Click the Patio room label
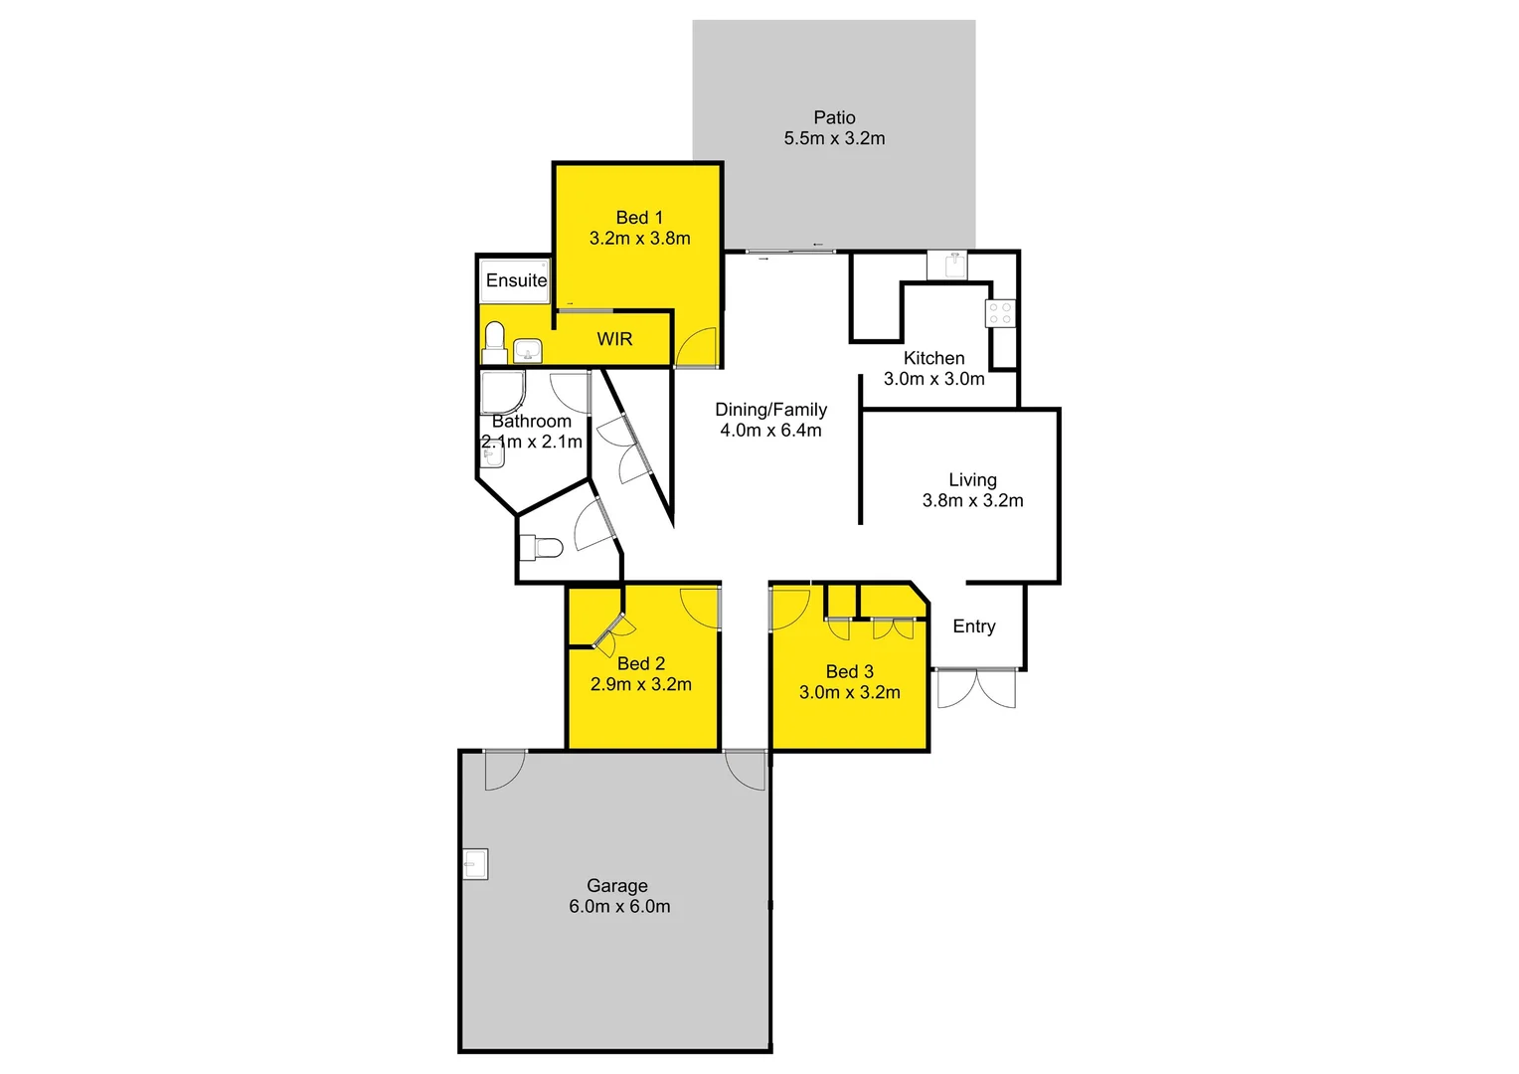[x=834, y=117]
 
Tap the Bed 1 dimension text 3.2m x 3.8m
[x=639, y=239]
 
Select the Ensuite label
[x=516, y=280]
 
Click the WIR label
[x=614, y=339]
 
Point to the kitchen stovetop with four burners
[x=1000, y=313]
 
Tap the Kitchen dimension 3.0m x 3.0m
[x=933, y=379]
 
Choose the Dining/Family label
[x=770, y=409]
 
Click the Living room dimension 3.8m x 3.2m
[x=972, y=501]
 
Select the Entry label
[x=973, y=626]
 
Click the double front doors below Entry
[x=976, y=688]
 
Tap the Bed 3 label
[x=849, y=671]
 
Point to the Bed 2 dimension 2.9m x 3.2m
[x=640, y=684]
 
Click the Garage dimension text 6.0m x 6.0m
[x=619, y=907]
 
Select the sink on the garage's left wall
[x=476, y=864]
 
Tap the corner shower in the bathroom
[x=500, y=392]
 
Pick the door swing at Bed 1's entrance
[x=696, y=347]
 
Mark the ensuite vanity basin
[x=528, y=350]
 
